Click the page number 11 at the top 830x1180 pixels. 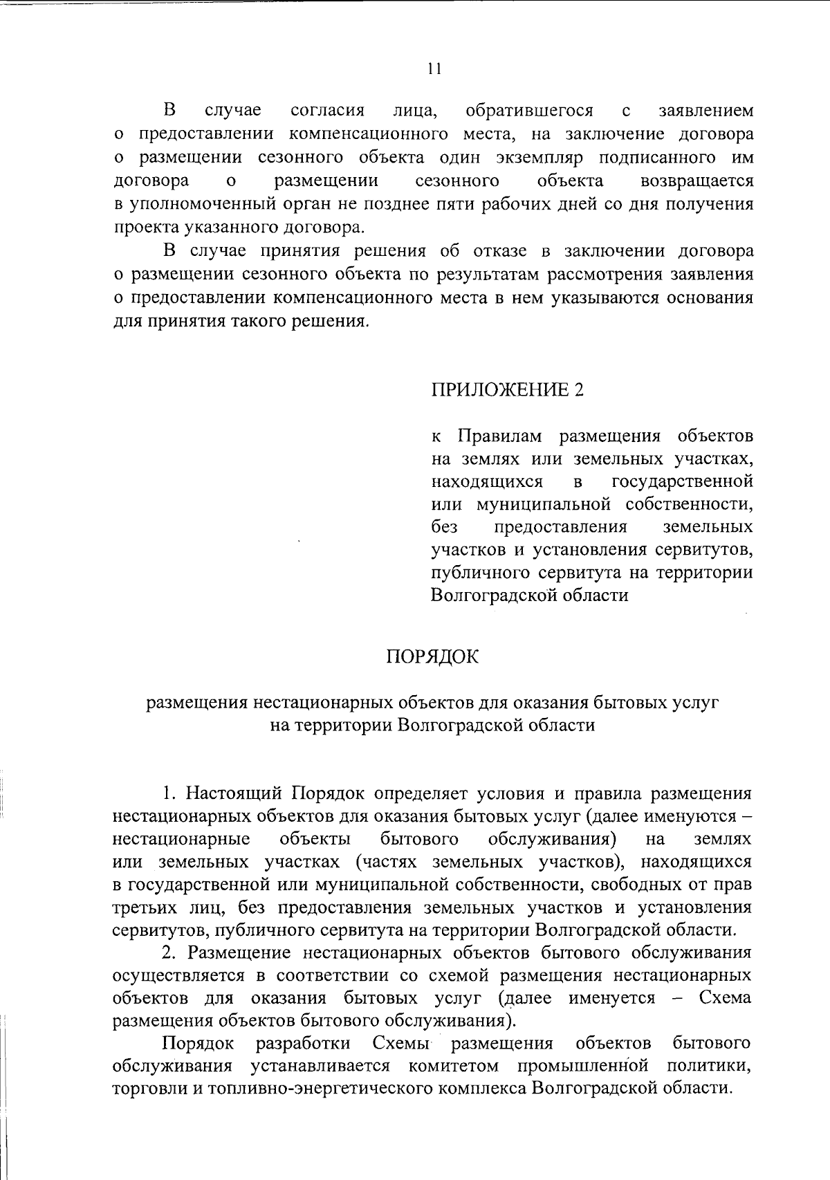[434, 68]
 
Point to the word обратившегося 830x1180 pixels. [529, 111]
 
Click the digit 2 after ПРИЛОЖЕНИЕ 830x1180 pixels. [579, 390]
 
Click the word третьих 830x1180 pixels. [140, 907]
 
